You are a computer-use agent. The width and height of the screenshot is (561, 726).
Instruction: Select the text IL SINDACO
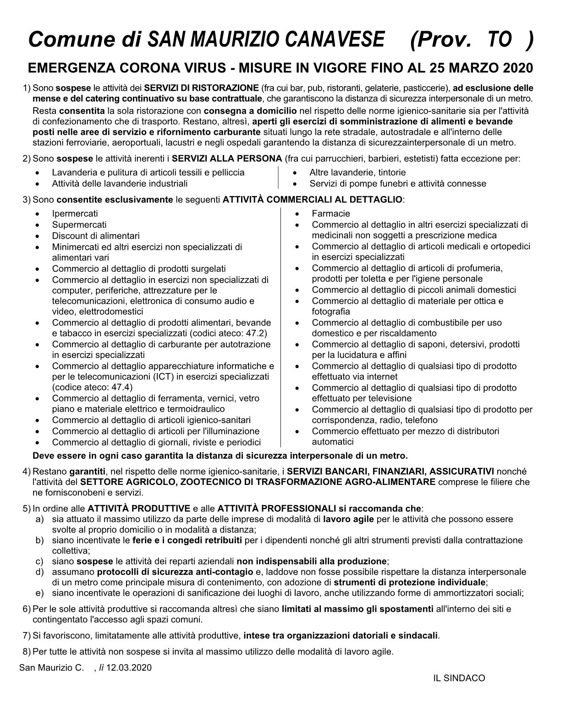(459, 678)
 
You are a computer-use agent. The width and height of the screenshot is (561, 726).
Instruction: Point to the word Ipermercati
(75, 214)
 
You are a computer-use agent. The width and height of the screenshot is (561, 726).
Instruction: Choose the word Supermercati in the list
(79, 225)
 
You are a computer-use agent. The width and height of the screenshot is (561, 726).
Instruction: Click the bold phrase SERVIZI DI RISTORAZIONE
(201, 88)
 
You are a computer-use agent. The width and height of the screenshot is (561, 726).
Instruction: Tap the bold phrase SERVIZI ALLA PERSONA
(227, 159)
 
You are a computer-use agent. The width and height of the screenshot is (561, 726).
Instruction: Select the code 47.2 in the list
(258, 333)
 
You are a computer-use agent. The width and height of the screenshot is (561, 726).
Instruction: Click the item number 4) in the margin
(27, 472)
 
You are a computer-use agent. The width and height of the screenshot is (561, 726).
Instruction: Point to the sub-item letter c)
(40, 561)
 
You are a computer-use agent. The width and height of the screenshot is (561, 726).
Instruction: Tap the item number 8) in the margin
(27, 652)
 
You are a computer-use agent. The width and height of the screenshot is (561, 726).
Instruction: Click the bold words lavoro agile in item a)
(348, 519)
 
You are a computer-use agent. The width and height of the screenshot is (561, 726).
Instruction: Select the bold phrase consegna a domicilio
(250, 111)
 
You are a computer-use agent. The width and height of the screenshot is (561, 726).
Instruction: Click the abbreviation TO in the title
(497, 40)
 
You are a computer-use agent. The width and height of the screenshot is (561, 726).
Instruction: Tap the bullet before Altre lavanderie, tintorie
(299, 173)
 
